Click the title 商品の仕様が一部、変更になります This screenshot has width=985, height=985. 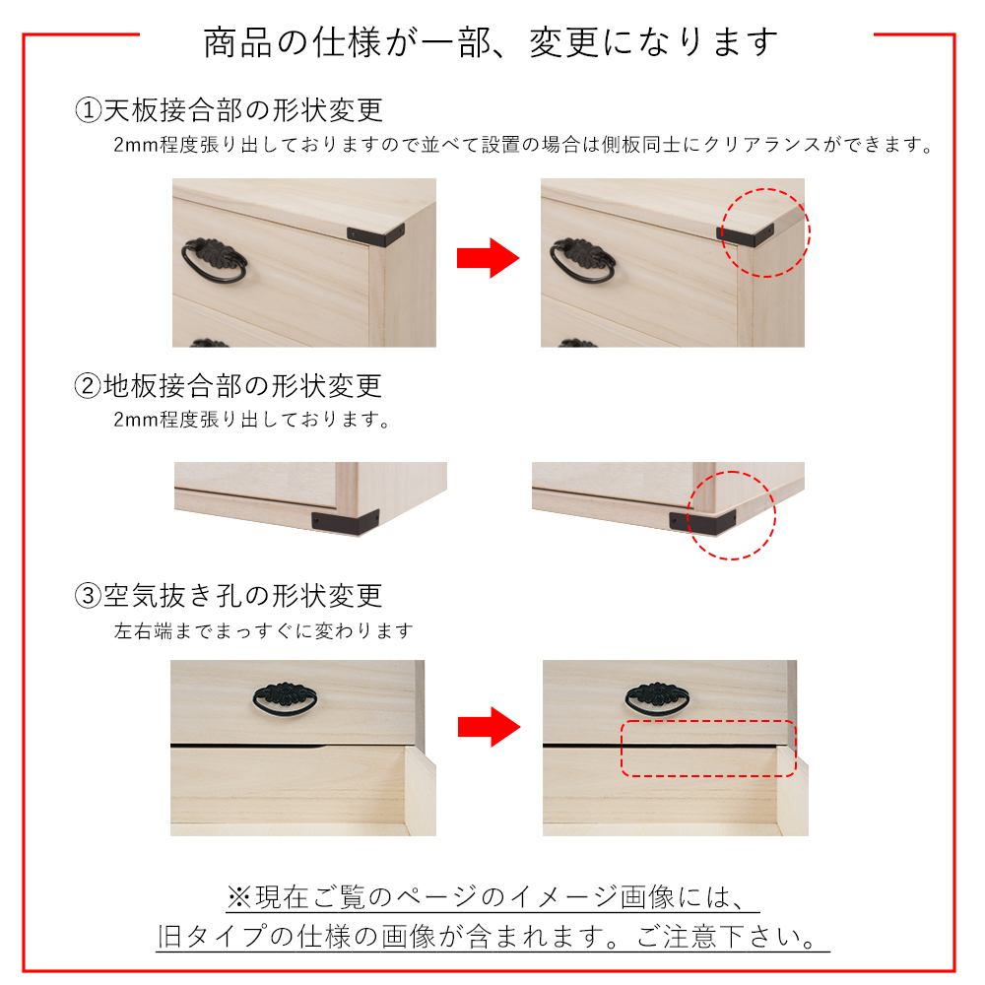coord(492,41)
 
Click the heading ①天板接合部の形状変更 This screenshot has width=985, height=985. coord(229,109)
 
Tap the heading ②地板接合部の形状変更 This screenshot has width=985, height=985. coord(229,385)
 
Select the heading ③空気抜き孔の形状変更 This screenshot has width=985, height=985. coord(229,596)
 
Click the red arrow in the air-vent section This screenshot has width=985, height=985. coord(488,728)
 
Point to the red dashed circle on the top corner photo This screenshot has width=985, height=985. coord(765,232)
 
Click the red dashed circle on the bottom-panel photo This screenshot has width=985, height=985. coord(731,515)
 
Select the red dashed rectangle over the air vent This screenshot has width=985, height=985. coord(707,749)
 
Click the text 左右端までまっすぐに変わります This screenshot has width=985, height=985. coord(263,630)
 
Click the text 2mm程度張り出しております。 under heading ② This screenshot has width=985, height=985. coord(252,421)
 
